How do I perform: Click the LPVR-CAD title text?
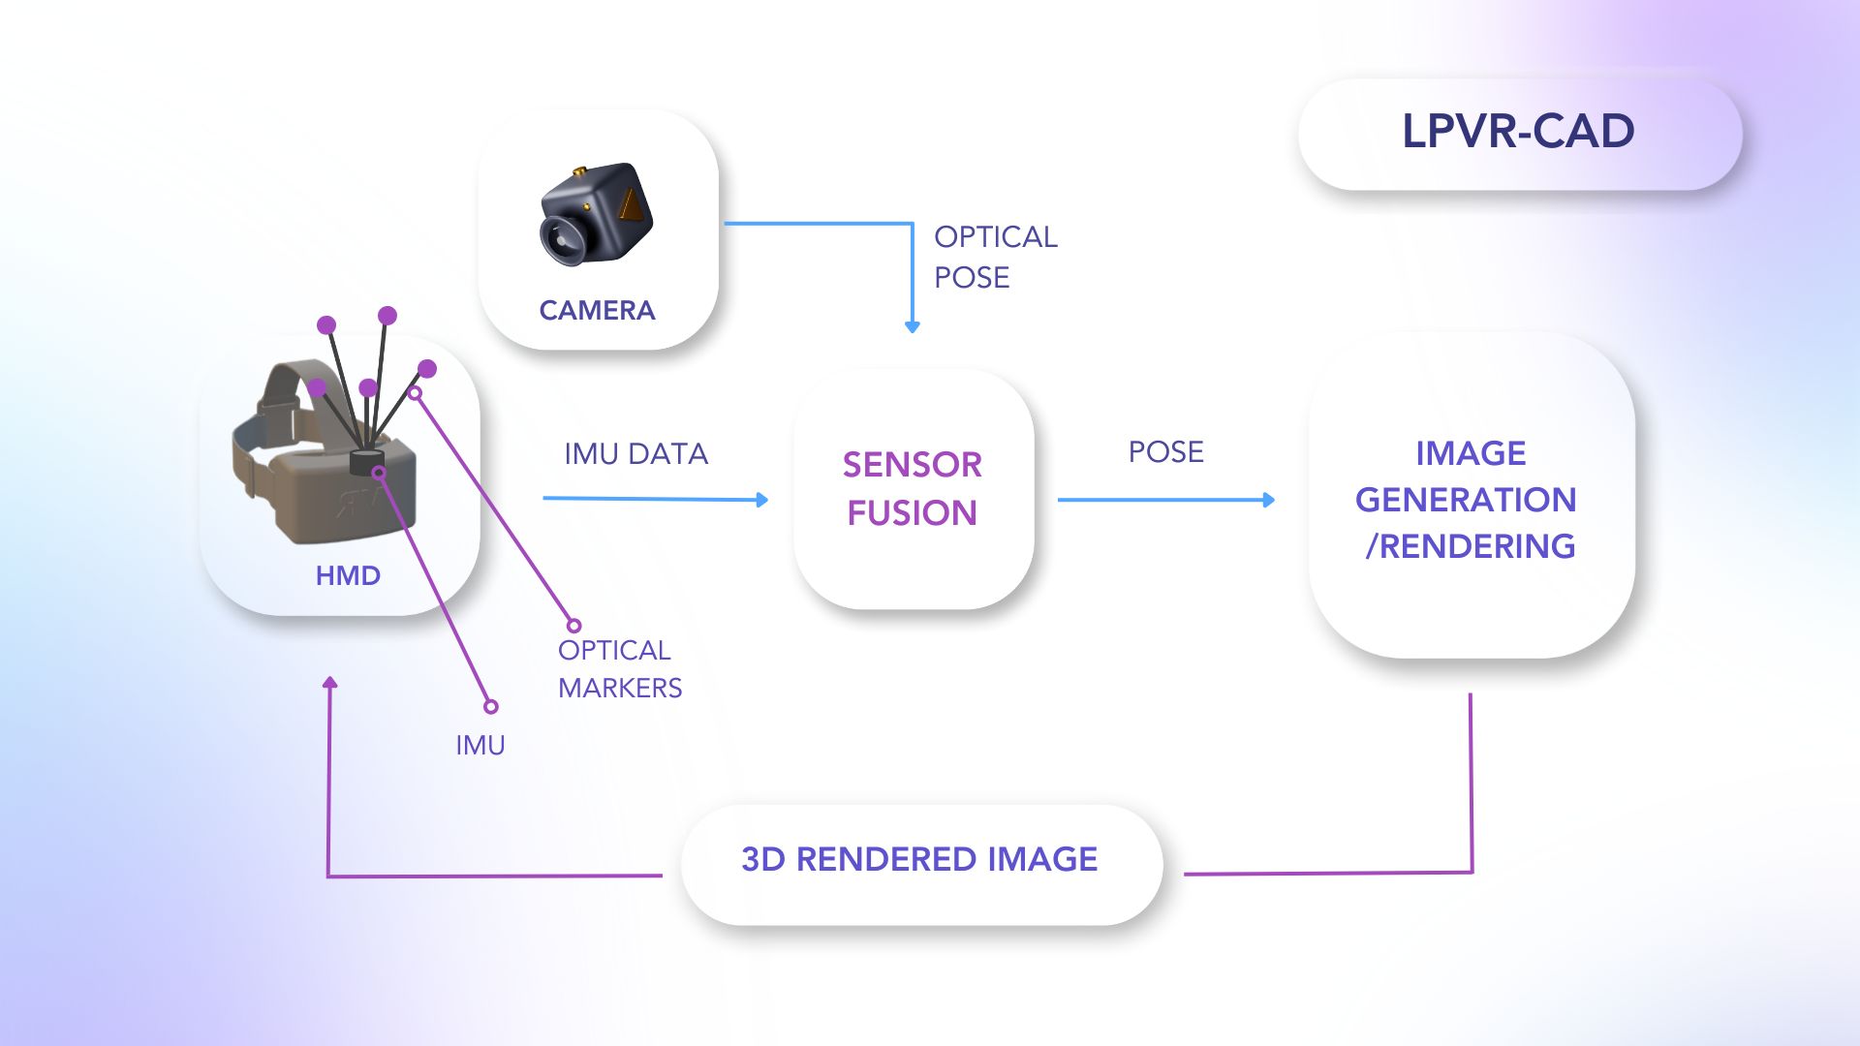pyautogui.click(x=1518, y=131)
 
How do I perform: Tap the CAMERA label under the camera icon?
pyautogui.click(x=597, y=310)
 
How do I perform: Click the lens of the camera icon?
pyautogui.click(x=561, y=238)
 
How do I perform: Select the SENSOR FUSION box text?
pyautogui.click(x=912, y=488)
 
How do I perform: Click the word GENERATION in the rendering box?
pyautogui.click(x=1465, y=500)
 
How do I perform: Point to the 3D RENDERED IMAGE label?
pyautogui.click(x=919, y=859)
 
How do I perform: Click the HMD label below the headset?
pyautogui.click(x=348, y=575)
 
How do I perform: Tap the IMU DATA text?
pyautogui.click(x=635, y=453)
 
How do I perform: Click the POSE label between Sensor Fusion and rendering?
pyautogui.click(x=1165, y=451)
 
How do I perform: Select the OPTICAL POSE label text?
pyautogui.click(x=994, y=257)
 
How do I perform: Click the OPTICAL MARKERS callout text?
pyautogui.click(x=619, y=668)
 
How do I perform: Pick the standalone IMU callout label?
pyautogui.click(x=480, y=745)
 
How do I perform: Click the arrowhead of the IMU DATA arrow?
pyautogui.click(x=762, y=500)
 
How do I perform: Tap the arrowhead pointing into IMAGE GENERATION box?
pyautogui.click(x=1269, y=500)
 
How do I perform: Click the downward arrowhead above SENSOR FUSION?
pyautogui.click(x=912, y=327)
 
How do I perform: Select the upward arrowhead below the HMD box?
pyautogui.click(x=330, y=683)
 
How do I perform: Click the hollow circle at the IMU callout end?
pyautogui.click(x=491, y=707)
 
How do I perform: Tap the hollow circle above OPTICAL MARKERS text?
pyautogui.click(x=573, y=626)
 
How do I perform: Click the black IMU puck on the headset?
pyautogui.click(x=367, y=461)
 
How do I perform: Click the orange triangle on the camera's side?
pyautogui.click(x=631, y=205)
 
